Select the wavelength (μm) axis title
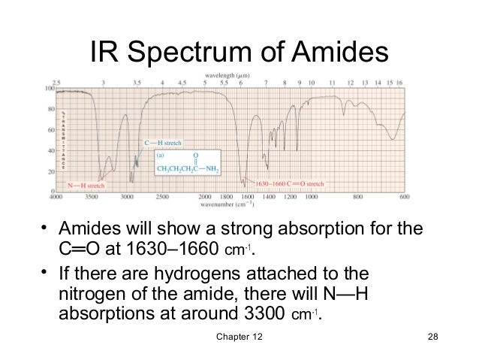pos(235,76)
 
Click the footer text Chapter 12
pos(234,343)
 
